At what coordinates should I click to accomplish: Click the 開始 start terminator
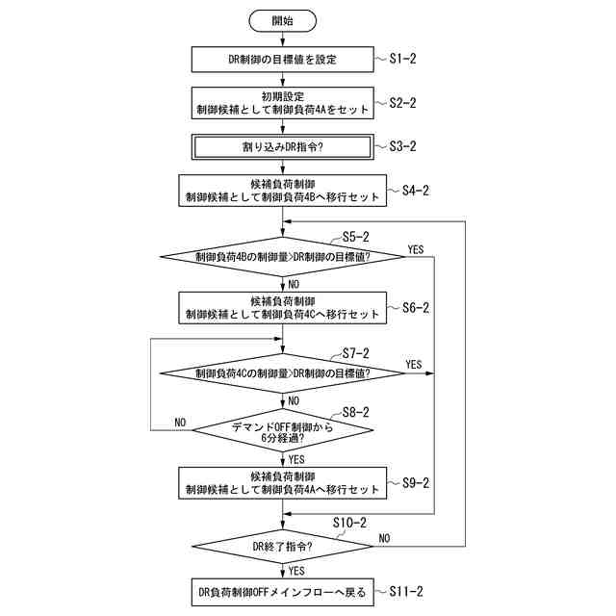tap(283, 18)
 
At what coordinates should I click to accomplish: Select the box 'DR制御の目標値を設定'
tap(282, 60)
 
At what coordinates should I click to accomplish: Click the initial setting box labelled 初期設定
tap(282, 103)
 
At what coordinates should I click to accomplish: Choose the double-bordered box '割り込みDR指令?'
tap(282, 147)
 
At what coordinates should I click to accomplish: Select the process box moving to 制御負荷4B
tap(282, 191)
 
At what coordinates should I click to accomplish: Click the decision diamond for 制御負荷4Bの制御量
tap(282, 256)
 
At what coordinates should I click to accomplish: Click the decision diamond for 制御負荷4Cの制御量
tap(282, 372)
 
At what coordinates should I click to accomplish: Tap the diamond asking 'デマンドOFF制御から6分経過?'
tap(282, 429)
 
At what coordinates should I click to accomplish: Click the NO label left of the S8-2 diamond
tap(180, 423)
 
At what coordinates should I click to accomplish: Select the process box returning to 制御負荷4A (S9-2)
tap(282, 483)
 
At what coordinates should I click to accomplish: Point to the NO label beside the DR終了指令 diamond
tap(385, 538)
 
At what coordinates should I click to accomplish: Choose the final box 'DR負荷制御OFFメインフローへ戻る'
tap(282, 592)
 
